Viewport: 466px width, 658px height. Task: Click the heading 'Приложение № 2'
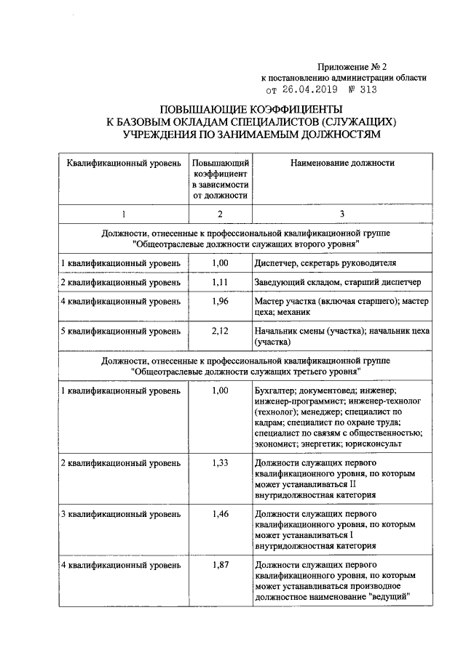[x=366, y=65]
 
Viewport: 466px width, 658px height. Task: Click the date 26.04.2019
[x=297, y=90]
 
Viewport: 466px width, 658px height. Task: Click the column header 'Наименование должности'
[x=342, y=164]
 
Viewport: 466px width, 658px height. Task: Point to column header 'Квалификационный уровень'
[x=124, y=164]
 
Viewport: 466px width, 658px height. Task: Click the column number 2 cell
[x=220, y=213]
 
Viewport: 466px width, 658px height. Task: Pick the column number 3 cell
[x=342, y=213]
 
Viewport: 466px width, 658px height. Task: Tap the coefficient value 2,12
[x=220, y=332]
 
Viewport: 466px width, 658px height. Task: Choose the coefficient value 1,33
[x=220, y=462]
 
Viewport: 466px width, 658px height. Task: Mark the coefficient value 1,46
[x=220, y=514]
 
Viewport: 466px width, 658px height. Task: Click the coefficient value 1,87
[x=220, y=566]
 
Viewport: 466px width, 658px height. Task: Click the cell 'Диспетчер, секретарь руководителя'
[x=325, y=262]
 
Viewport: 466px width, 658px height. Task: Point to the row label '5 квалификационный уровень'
[x=120, y=332]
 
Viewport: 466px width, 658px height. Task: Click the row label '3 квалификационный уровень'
[x=120, y=514]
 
